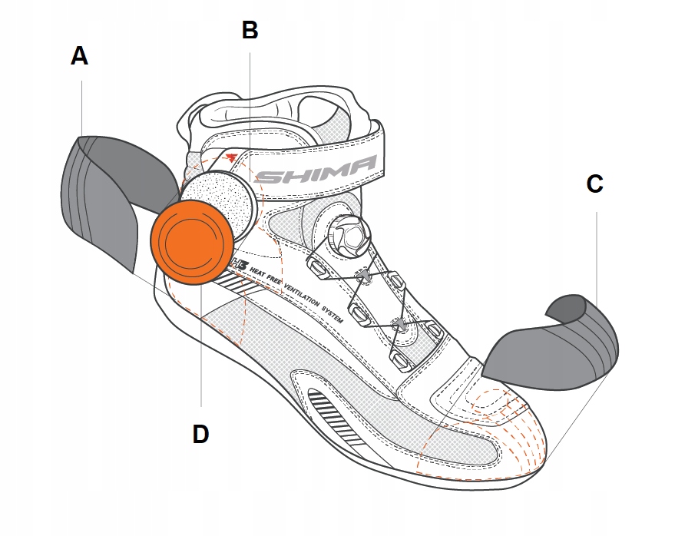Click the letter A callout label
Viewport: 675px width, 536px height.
[79, 56]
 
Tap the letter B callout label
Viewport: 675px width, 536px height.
[250, 30]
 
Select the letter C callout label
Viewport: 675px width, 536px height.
[594, 184]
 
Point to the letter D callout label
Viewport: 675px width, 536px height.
[200, 434]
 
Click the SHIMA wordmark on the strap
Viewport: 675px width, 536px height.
[315, 170]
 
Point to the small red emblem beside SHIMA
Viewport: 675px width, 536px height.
[231, 158]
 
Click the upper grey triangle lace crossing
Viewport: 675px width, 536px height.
[366, 274]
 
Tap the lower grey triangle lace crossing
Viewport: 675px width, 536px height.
[399, 326]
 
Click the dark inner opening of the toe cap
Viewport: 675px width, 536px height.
[566, 308]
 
